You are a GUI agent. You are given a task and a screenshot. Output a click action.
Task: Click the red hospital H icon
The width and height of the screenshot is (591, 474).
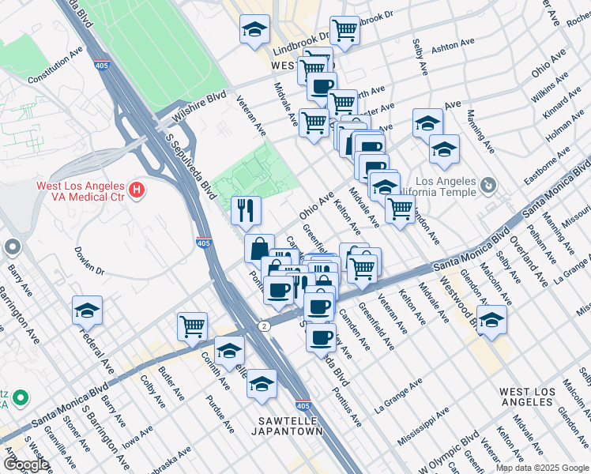tap(137, 190)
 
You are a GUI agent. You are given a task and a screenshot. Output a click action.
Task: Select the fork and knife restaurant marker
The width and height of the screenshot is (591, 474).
tap(246, 209)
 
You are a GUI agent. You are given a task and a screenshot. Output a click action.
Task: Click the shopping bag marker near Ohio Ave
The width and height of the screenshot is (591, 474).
tap(258, 248)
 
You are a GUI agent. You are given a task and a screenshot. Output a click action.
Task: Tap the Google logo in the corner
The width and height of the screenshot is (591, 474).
tap(25, 465)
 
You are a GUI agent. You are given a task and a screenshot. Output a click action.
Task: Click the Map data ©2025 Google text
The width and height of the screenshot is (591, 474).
tap(541, 468)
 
